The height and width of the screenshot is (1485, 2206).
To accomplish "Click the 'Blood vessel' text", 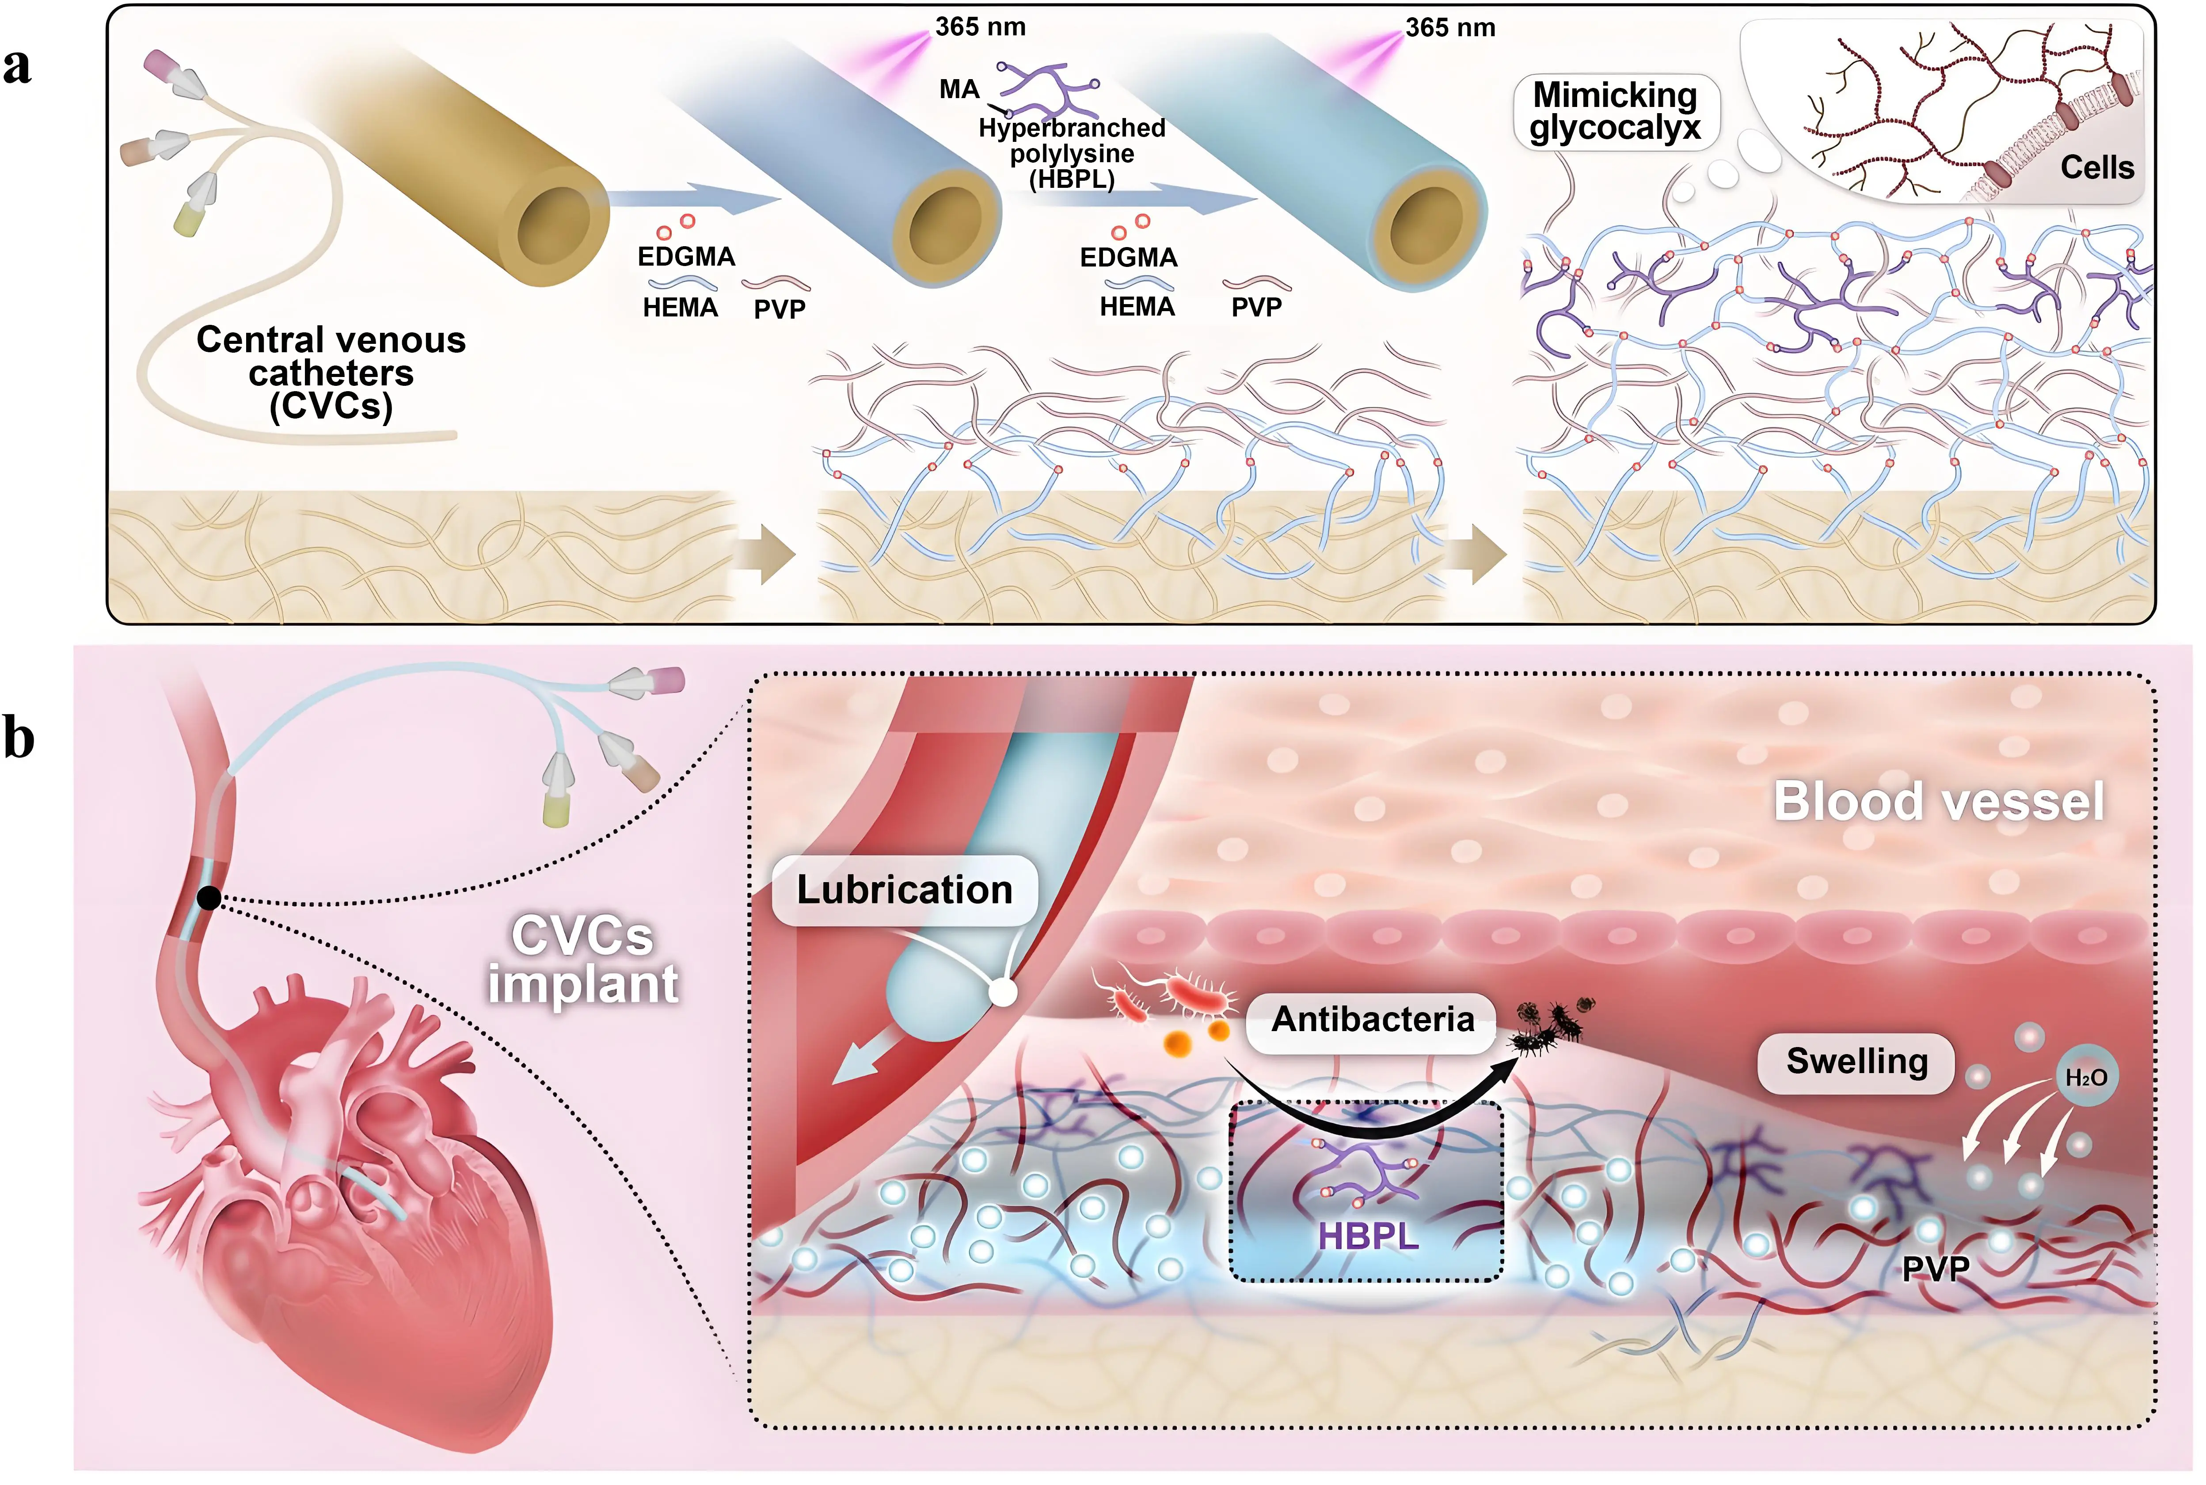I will click(x=1938, y=801).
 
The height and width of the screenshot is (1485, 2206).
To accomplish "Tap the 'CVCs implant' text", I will click(x=582, y=960).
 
